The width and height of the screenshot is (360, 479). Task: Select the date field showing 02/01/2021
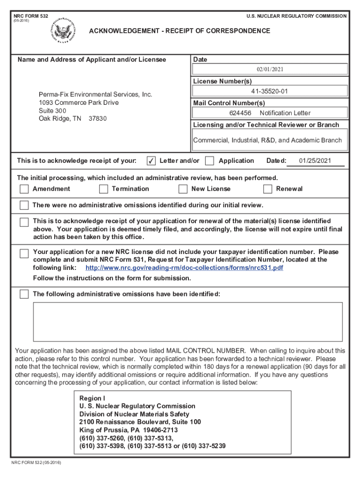(x=270, y=69)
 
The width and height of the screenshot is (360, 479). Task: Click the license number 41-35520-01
(x=270, y=91)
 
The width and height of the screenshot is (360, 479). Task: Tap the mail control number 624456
(x=240, y=113)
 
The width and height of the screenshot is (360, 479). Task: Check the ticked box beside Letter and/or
(x=151, y=161)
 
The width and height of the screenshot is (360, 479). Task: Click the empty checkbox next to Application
(x=210, y=161)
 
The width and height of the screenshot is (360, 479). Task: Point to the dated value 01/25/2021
(x=315, y=161)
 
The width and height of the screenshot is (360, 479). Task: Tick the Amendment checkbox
(x=24, y=189)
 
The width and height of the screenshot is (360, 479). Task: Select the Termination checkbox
(x=103, y=189)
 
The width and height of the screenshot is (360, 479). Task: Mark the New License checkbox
(x=183, y=189)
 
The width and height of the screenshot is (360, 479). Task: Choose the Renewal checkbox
(x=267, y=189)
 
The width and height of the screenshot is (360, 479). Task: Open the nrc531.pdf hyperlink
(x=184, y=268)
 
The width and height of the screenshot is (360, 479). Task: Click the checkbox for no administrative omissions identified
(x=24, y=205)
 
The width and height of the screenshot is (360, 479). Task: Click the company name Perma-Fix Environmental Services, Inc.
(x=95, y=94)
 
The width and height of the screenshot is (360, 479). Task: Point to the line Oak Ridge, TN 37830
(x=72, y=118)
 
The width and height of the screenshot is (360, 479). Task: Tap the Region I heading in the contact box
(x=89, y=398)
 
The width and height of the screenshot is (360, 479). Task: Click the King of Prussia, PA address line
(x=129, y=430)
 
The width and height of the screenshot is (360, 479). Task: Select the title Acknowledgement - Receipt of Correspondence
(x=180, y=31)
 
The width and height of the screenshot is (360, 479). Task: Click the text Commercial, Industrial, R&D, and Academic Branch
(x=267, y=140)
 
